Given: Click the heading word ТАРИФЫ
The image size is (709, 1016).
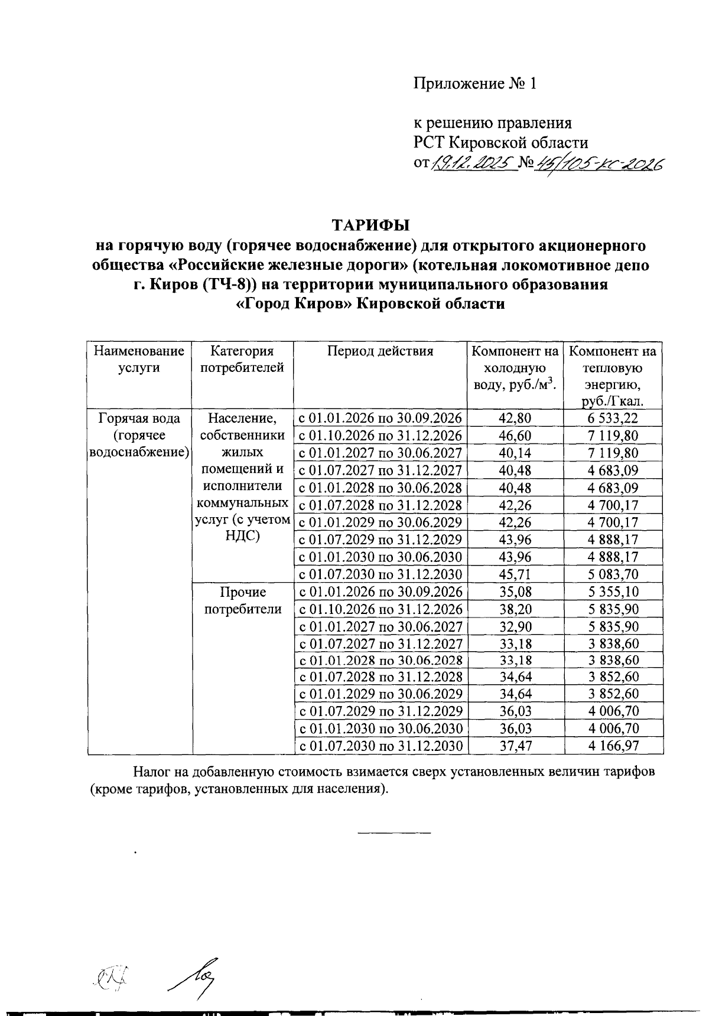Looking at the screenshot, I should click(370, 226).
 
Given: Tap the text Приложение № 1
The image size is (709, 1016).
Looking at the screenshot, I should click(474, 84).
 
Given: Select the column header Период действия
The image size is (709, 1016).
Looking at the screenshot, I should click(380, 351).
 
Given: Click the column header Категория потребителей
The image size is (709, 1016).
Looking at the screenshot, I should click(242, 360).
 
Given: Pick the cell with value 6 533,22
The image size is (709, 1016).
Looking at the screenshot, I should click(613, 419).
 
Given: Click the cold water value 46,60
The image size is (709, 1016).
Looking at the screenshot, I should click(515, 436).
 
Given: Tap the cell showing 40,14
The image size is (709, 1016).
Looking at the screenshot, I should click(515, 453).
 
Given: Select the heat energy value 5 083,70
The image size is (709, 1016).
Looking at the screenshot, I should click(613, 574).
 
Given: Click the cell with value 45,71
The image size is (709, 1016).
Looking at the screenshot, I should click(515, 574).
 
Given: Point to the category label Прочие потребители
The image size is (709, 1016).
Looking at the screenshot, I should click(242, 600).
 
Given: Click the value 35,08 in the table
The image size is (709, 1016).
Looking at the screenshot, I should click(515, 592).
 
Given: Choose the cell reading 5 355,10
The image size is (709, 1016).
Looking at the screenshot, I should click(613, 592).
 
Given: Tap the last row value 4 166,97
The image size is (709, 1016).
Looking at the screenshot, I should click(613, 746).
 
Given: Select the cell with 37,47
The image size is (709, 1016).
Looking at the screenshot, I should click(515, 746).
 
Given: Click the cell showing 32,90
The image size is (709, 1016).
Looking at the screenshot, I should click(515, 626).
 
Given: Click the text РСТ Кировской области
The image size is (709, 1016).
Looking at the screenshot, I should click(500, 143).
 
